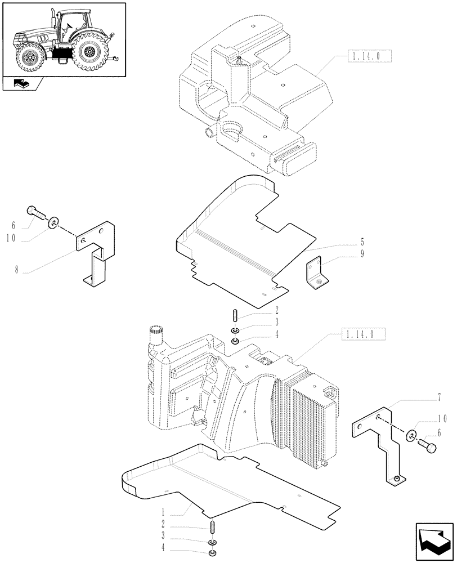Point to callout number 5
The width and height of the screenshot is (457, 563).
point(362,245)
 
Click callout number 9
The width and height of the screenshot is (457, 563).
point(362,254)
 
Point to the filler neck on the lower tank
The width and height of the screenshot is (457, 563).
point(155,338)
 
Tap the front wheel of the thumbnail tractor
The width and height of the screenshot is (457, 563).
point(28,57)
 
